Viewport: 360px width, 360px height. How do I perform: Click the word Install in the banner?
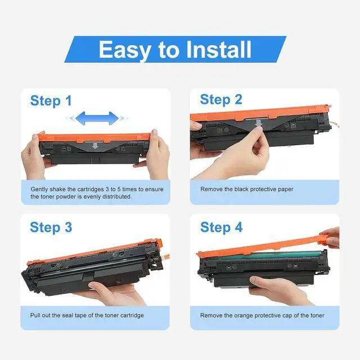(219, 49)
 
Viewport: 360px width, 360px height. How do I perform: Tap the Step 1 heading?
(51, 101)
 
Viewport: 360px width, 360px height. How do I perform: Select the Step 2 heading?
(221, 100)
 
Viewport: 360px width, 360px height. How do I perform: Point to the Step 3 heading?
(51, 227)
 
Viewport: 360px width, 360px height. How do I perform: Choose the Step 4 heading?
(221, 227)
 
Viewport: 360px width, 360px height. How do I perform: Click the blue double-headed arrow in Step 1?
(97, 118)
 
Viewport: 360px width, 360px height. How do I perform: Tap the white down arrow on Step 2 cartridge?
(259, 123)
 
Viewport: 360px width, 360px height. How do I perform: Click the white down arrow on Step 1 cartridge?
(95, 146)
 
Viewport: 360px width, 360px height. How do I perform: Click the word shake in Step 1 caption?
(57, 189)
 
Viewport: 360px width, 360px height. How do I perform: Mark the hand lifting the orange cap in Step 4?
(332, 237)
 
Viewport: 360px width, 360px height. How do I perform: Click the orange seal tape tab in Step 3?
(166, 255)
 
